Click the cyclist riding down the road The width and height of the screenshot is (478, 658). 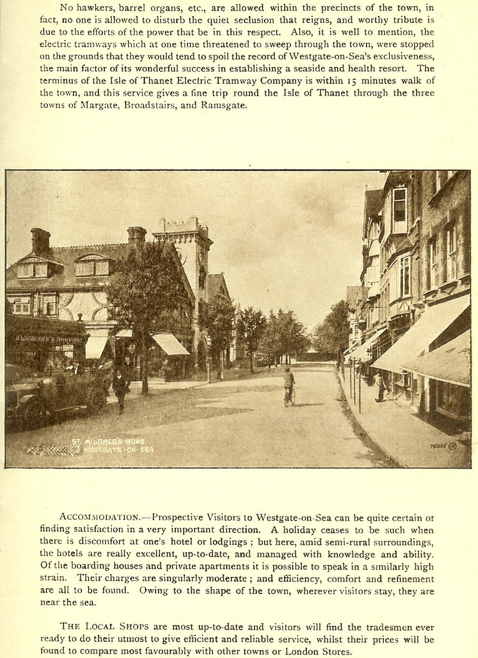(x=289, y=386)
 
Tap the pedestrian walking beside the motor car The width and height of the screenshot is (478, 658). (x=121, y=390)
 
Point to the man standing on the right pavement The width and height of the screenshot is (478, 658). (x=380, y=387)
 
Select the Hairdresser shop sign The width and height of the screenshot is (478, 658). (x=48, y=339)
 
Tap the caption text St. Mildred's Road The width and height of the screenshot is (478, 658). (x=107, y=441)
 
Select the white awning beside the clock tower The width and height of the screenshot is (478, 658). (x=170, y=344)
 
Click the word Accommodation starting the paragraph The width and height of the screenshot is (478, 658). (x=100, y=517)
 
